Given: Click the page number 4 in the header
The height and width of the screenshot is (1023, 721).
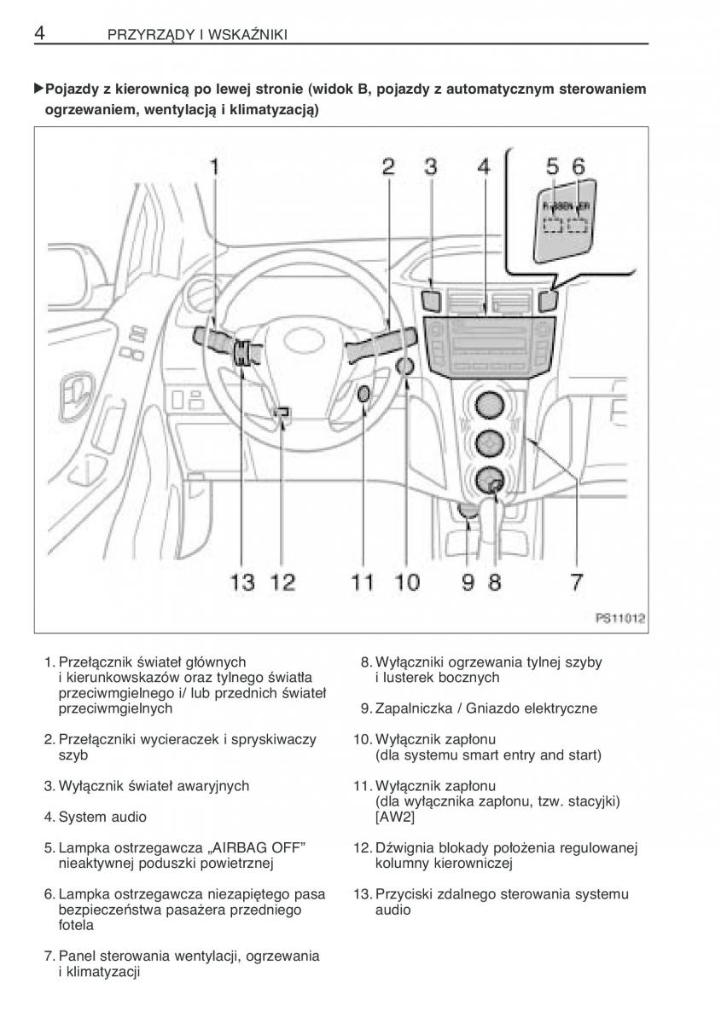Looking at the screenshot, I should (39, 33).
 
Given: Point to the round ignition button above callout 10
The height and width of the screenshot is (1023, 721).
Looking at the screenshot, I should (405, 367).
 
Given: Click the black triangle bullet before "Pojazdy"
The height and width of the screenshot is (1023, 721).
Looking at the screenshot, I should (38, 89).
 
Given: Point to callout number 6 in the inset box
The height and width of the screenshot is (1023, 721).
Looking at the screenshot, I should (579, 167).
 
